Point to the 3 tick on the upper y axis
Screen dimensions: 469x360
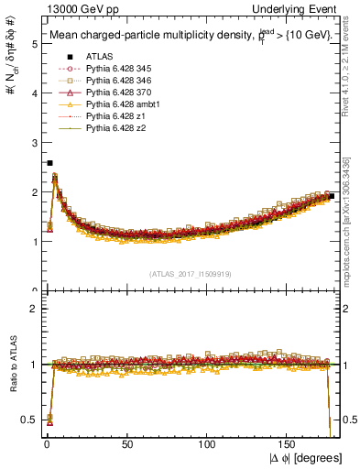coord(35,143)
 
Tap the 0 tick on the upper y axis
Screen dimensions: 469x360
coord(35,291)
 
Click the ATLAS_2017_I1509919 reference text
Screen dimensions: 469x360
coord(193,273)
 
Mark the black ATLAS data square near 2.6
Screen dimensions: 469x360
coord(49,162)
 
